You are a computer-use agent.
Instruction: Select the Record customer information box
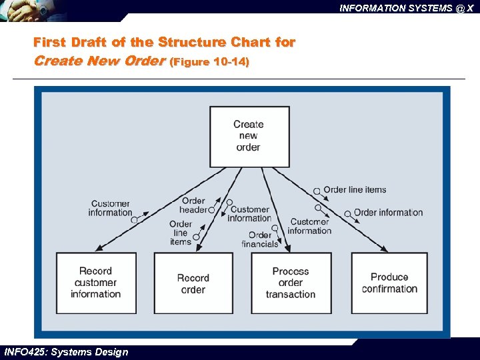tap(96, 283)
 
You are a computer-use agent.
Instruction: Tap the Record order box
tap(193, 283)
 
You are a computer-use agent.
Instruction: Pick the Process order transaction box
tap(290, 283)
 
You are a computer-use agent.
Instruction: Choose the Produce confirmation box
tap(389, 283)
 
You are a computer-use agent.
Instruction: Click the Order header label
tap(193, 205)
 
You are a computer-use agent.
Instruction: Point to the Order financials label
tap(260, 239)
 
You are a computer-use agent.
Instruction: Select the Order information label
tap(388, 213)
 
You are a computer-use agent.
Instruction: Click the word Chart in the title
tap(249, 43)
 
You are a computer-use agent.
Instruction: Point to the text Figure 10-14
tap(210, 62)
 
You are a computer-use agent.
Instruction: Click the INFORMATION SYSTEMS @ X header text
tap(406, 8)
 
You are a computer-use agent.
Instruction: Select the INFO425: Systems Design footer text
tap(65, 352)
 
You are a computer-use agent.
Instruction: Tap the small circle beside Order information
tap(348, 213)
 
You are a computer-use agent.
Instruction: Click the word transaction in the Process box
tap(290, 294)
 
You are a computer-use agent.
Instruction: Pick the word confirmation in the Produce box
tap(389, 289)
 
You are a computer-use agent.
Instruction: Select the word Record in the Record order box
tap(193, 278)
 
